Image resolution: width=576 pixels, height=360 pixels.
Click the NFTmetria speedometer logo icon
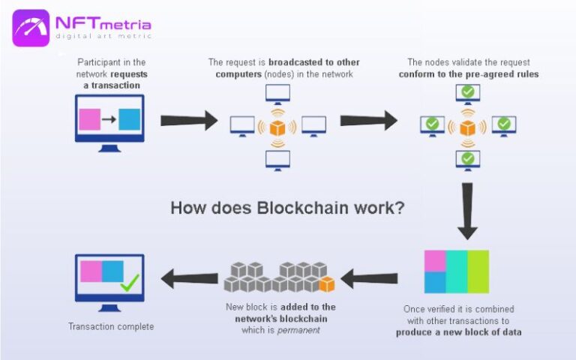pos(31,28)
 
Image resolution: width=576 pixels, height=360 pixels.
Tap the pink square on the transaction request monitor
pos(90,120)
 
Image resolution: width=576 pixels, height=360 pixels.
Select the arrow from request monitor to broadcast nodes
pos(188,119)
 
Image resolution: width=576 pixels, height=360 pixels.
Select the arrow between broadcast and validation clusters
pos(368,119)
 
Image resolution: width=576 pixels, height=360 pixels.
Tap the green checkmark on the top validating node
pos(468,92)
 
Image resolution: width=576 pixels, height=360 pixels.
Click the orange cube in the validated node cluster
pos(468,127)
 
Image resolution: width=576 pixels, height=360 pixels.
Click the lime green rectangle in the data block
pos(478,271)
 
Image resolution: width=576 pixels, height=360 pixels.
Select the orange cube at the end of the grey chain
pos(326,284)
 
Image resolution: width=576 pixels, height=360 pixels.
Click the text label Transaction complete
pos(111,326)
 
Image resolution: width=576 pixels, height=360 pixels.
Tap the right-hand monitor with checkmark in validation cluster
pos(503,124)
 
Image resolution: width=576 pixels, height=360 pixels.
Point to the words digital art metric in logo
pos(102,35)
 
